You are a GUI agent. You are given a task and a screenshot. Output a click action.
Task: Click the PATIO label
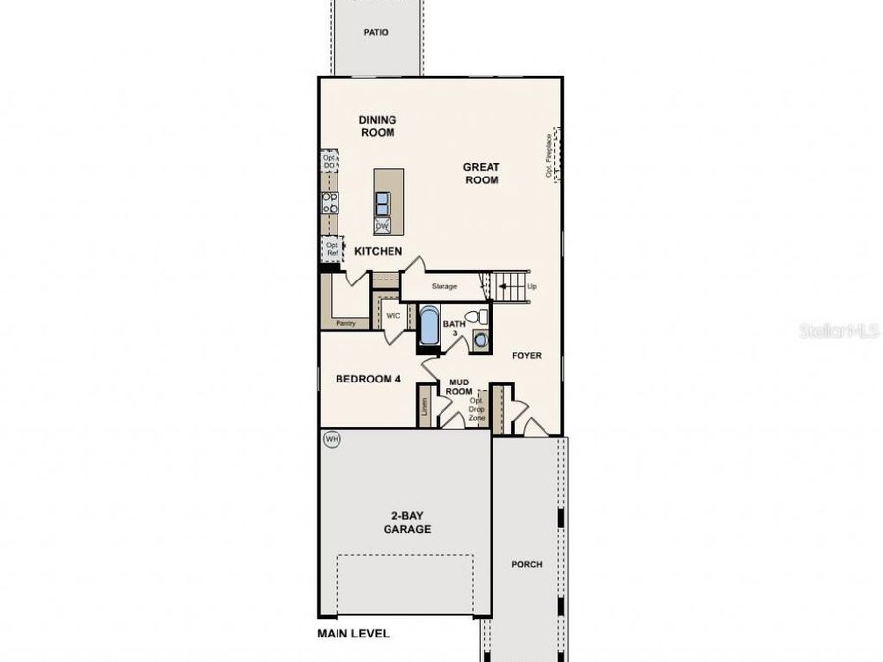375,32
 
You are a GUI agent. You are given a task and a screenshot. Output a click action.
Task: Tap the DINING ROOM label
377,126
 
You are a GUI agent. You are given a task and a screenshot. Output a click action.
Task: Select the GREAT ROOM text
482,174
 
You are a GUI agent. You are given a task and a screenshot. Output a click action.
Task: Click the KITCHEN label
379,251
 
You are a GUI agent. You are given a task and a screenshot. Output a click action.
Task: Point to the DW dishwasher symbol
382,226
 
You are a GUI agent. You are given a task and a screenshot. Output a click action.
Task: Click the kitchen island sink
382,202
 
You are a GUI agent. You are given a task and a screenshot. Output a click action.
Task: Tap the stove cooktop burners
330,203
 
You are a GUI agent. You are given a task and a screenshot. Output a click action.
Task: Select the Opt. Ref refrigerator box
331,249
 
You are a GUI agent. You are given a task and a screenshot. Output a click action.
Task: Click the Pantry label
344,322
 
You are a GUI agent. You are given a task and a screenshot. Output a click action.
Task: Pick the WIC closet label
392,316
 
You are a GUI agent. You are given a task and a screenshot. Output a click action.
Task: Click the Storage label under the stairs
444,286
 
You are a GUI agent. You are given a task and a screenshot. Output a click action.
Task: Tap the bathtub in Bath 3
430,327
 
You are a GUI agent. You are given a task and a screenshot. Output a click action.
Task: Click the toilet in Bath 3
476,317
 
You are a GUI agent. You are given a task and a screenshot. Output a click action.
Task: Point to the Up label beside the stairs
532,286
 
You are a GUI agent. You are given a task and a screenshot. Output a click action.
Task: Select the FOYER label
526,356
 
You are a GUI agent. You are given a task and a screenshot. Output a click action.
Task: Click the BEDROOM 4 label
368,380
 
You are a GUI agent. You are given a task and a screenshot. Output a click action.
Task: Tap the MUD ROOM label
459,387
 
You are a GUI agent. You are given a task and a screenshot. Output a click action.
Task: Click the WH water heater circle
332,439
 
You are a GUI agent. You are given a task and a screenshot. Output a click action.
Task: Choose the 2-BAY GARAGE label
406,523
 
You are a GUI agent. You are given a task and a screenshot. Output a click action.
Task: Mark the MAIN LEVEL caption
352,634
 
